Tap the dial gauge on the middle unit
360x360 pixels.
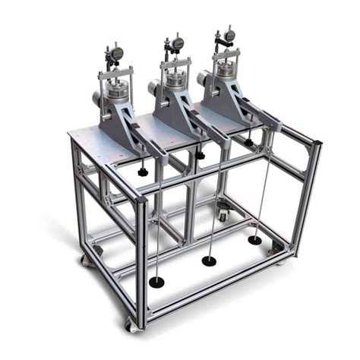pyautogui.click(x=177, y=43)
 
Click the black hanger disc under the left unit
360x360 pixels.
pyautogui.click(x=156, y=282)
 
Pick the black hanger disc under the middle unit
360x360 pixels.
pyautogui.click(x=208, y=261)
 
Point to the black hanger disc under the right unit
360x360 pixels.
pyautogui.click(x=254, y=240)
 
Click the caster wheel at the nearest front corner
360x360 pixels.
pyautogui.click(x=134, y=324)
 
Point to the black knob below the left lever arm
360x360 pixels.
pyautogui.click(x=142, y=172)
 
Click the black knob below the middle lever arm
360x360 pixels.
pyautogui.click(x=201, y=155)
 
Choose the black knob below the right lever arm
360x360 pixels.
pyautogui.click(x=249, y=141)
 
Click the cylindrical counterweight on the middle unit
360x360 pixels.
pyautogui.click(x=154, y=87)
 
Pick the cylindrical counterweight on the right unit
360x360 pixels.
pyautogui.click(x=204, y=77)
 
